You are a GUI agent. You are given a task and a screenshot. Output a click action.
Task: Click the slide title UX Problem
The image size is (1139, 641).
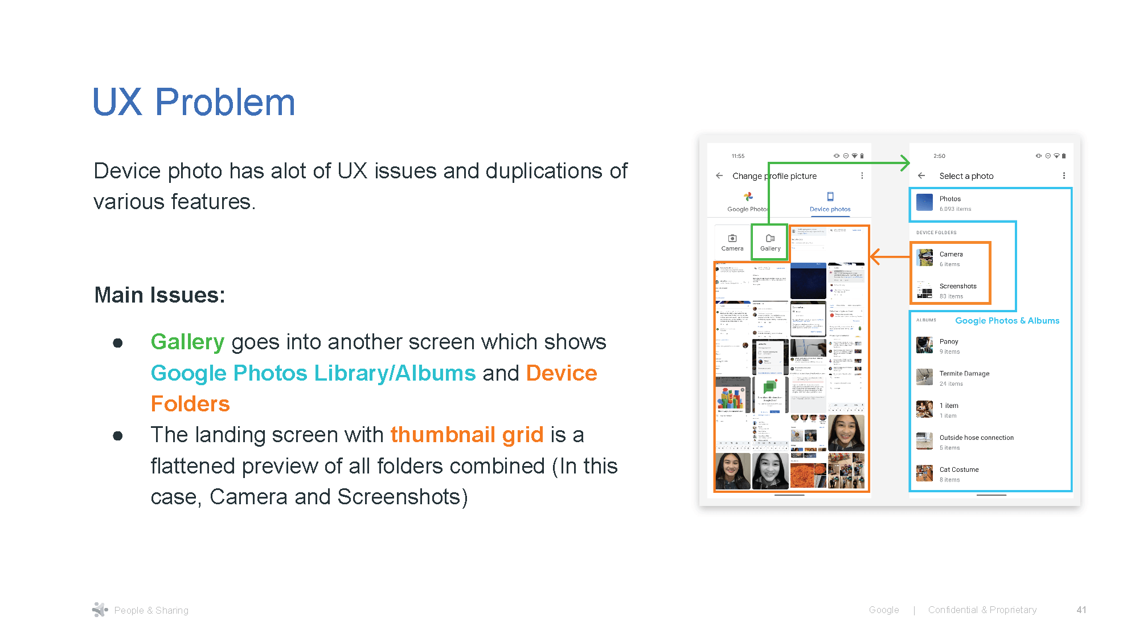coord(194,103)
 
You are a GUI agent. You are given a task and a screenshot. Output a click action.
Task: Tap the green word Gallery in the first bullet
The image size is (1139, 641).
coord(187,342)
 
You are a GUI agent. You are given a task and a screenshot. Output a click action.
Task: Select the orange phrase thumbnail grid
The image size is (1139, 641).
coord(467,435)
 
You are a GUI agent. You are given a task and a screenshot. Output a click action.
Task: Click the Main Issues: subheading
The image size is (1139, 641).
coord(159,295)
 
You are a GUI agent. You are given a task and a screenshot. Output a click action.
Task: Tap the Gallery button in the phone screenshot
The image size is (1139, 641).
coord(770,242)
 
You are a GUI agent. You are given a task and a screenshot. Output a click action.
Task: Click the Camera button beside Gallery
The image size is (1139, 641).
coord(732,242)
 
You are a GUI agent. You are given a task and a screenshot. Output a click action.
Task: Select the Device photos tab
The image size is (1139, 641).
coord(830,202)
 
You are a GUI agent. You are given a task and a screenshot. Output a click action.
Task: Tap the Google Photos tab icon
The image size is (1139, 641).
coord(748,197)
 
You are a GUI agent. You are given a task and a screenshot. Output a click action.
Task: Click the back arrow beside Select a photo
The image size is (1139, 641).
coord(921,175)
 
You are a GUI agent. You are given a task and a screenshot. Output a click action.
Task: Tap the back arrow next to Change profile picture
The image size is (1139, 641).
coord(719,175)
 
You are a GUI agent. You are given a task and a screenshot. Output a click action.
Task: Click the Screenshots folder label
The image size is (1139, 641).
coord(958,286)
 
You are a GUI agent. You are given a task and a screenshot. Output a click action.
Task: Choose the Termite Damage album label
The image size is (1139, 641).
coord(964,373)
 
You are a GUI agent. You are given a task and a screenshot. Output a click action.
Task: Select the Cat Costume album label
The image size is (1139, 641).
coord(959,469)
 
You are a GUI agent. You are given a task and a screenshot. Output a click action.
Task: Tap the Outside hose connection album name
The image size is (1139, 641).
coord(976,438)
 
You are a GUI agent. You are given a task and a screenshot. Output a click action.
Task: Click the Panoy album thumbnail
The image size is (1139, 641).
coord(924,345)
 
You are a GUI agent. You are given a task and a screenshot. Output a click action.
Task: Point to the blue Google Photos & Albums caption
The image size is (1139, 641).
coord(1007,321)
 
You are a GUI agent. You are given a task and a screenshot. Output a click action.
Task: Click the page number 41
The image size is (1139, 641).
coord(1081,610)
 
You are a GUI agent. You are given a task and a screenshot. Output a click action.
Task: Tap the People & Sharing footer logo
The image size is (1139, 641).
coord(100,610)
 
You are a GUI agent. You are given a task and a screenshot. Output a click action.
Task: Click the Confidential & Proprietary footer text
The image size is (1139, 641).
coord(982,610)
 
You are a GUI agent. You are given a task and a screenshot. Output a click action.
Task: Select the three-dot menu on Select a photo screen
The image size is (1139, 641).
coord(1064,175)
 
